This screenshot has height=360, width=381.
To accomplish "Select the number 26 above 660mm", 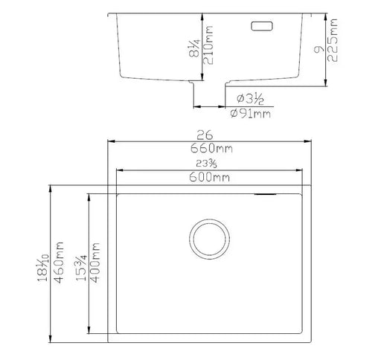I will coord(206,135).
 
